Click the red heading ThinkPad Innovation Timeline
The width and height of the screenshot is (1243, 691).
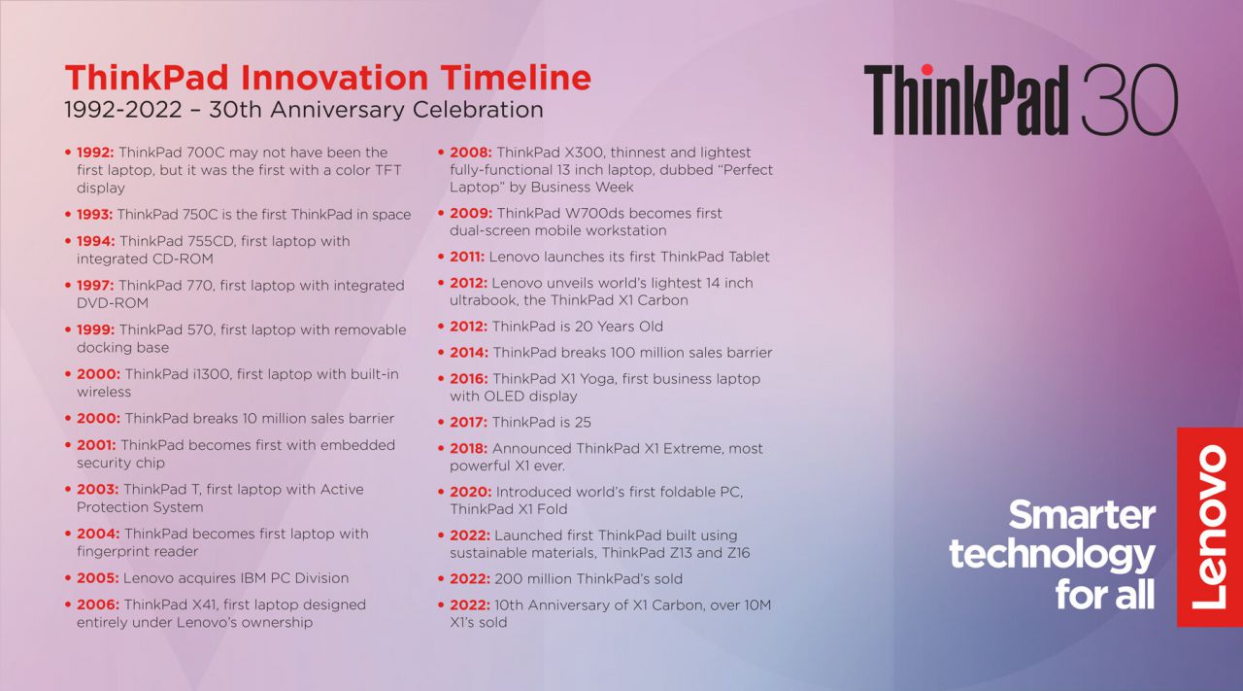tap(328, 77)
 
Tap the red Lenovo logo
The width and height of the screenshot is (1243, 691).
tap(1210, 527)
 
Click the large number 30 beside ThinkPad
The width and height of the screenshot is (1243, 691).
tap(1129, 99)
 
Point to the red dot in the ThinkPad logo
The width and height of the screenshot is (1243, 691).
tap(926, 70)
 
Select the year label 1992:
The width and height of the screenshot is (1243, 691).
tap(95, 153)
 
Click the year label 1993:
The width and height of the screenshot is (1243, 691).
tap(94, 215)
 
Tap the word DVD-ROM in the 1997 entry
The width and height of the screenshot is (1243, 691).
tap(113, 302)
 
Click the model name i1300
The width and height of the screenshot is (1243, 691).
tap(212, 374)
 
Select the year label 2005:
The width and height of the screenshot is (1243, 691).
tap(98, 577)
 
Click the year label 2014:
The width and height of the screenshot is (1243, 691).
tap(469, 352)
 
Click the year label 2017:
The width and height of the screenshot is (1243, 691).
tap(468, 422)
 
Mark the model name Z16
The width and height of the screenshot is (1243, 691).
tap(736, 553)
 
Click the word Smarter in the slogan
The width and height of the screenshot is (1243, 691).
tap(1082, 515)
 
